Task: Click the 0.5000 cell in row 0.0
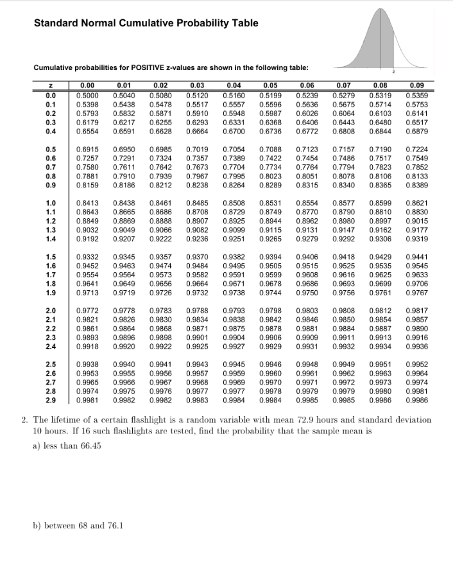(87, 96)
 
